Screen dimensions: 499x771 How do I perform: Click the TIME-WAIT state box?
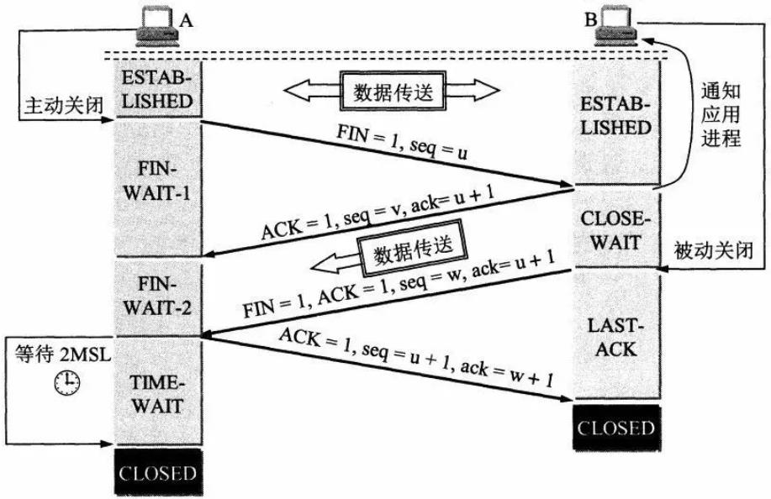click(x=158, y=393)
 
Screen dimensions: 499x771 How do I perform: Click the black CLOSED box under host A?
click(x=158, y=472)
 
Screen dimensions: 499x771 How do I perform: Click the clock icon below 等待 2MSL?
click(x=65, y=383)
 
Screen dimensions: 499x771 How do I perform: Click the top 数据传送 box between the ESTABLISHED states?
click(x=392, y=91)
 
